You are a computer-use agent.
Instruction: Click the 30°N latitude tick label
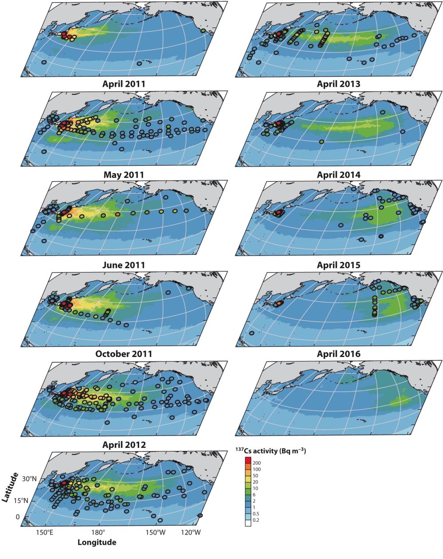pos(30,479)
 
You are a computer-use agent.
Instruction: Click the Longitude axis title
pos(97,542)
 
